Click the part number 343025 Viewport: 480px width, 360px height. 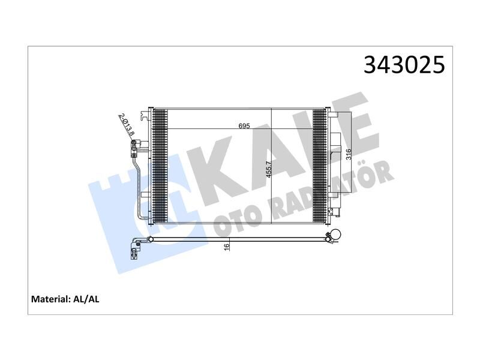404,65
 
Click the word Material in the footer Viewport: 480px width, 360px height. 50,298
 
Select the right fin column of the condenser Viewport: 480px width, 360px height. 319,166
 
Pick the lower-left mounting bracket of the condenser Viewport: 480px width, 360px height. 145,194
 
